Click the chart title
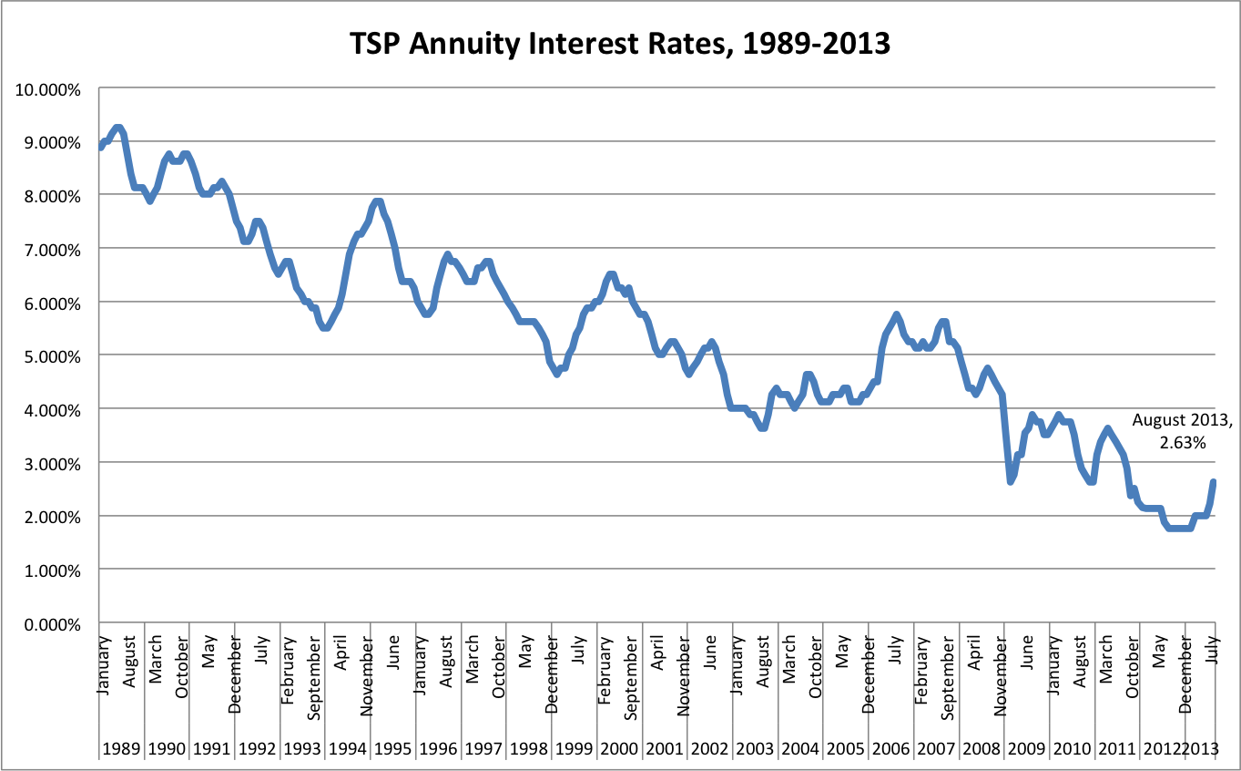coord(620,43)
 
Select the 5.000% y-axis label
coord(52,355)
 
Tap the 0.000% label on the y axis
coord(52,622)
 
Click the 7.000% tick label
coord(52,249)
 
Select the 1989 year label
coord(121,749)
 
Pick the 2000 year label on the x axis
coord(619,749)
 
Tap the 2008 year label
coord(982,749)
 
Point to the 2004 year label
coord(800,749)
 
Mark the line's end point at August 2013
coord(1214,482)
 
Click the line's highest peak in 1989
coord(117,128)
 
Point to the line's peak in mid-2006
coord(896,315)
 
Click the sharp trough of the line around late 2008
coord(1010,481)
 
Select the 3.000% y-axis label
coord(52,463)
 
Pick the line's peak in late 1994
coord(376,201)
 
